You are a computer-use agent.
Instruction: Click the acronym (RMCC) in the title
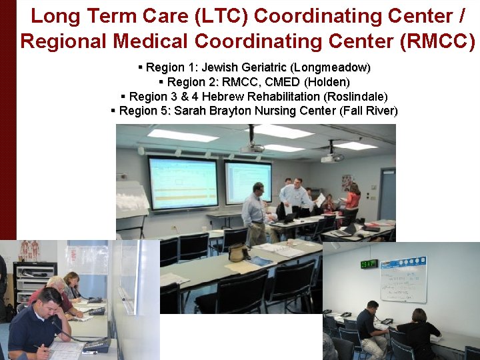click(438, 41)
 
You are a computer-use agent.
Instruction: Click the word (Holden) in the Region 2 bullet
click(327, 82)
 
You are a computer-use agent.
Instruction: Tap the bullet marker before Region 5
click(114, 111)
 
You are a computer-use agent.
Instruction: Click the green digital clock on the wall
click(369, 263)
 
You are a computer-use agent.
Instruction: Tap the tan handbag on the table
click(237, 253)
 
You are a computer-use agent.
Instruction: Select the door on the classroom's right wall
click(387, 194)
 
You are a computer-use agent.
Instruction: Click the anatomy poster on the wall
click(29, 250)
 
